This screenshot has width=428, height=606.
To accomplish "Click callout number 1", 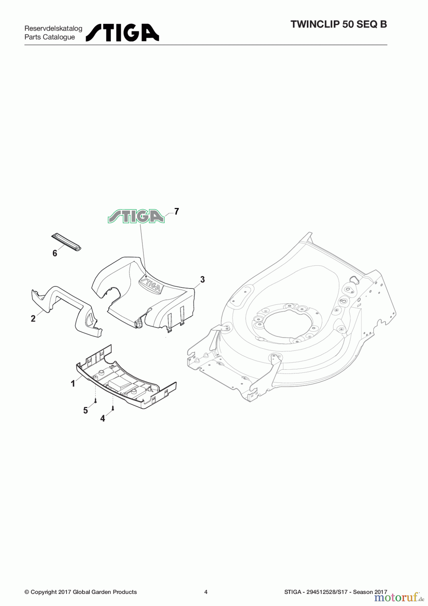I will (x=73, y=383).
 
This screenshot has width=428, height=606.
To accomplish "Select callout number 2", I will (x=33, y=318).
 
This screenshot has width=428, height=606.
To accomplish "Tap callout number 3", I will (x=202, y=279).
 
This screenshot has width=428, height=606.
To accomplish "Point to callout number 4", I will (x=103, y=418).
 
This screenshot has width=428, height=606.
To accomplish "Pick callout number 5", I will (x=85, y=410).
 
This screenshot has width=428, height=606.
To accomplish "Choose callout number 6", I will (x=55, y=253).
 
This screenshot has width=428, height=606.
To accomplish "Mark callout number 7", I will (x=176, y=211).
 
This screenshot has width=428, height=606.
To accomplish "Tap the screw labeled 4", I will (x=113, y=408).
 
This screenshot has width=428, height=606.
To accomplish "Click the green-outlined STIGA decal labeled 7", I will (x=136, y=216).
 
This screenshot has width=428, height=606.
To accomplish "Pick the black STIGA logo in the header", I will (x=122, y=33).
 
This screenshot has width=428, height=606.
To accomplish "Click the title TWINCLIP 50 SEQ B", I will (x=338, y=25).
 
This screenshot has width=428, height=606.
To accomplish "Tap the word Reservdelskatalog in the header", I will (x=53, y=29).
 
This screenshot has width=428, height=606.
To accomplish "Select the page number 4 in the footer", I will (x=206, y=592).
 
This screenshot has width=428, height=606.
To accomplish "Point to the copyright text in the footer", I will (x=81, y=592).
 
